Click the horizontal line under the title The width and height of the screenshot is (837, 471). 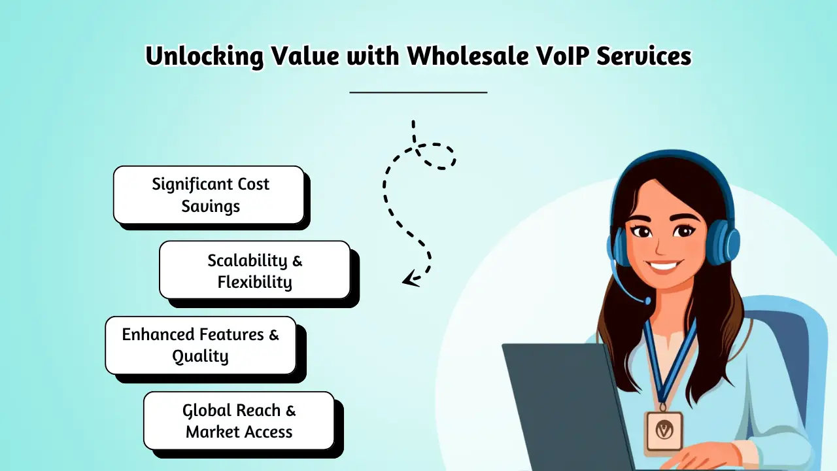pos(418,92)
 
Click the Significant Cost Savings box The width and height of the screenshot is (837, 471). pos(209,195)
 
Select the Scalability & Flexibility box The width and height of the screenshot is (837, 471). pos(255,270)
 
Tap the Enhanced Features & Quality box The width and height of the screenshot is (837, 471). pos(201,345)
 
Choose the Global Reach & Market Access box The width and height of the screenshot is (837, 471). pos(239,421)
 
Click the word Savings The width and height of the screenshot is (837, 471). pos(211,207)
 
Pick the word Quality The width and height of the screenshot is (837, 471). pos(200,357)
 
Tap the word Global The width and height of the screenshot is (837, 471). pos(208,410)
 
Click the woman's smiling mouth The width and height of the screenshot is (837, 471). pos(662,266)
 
